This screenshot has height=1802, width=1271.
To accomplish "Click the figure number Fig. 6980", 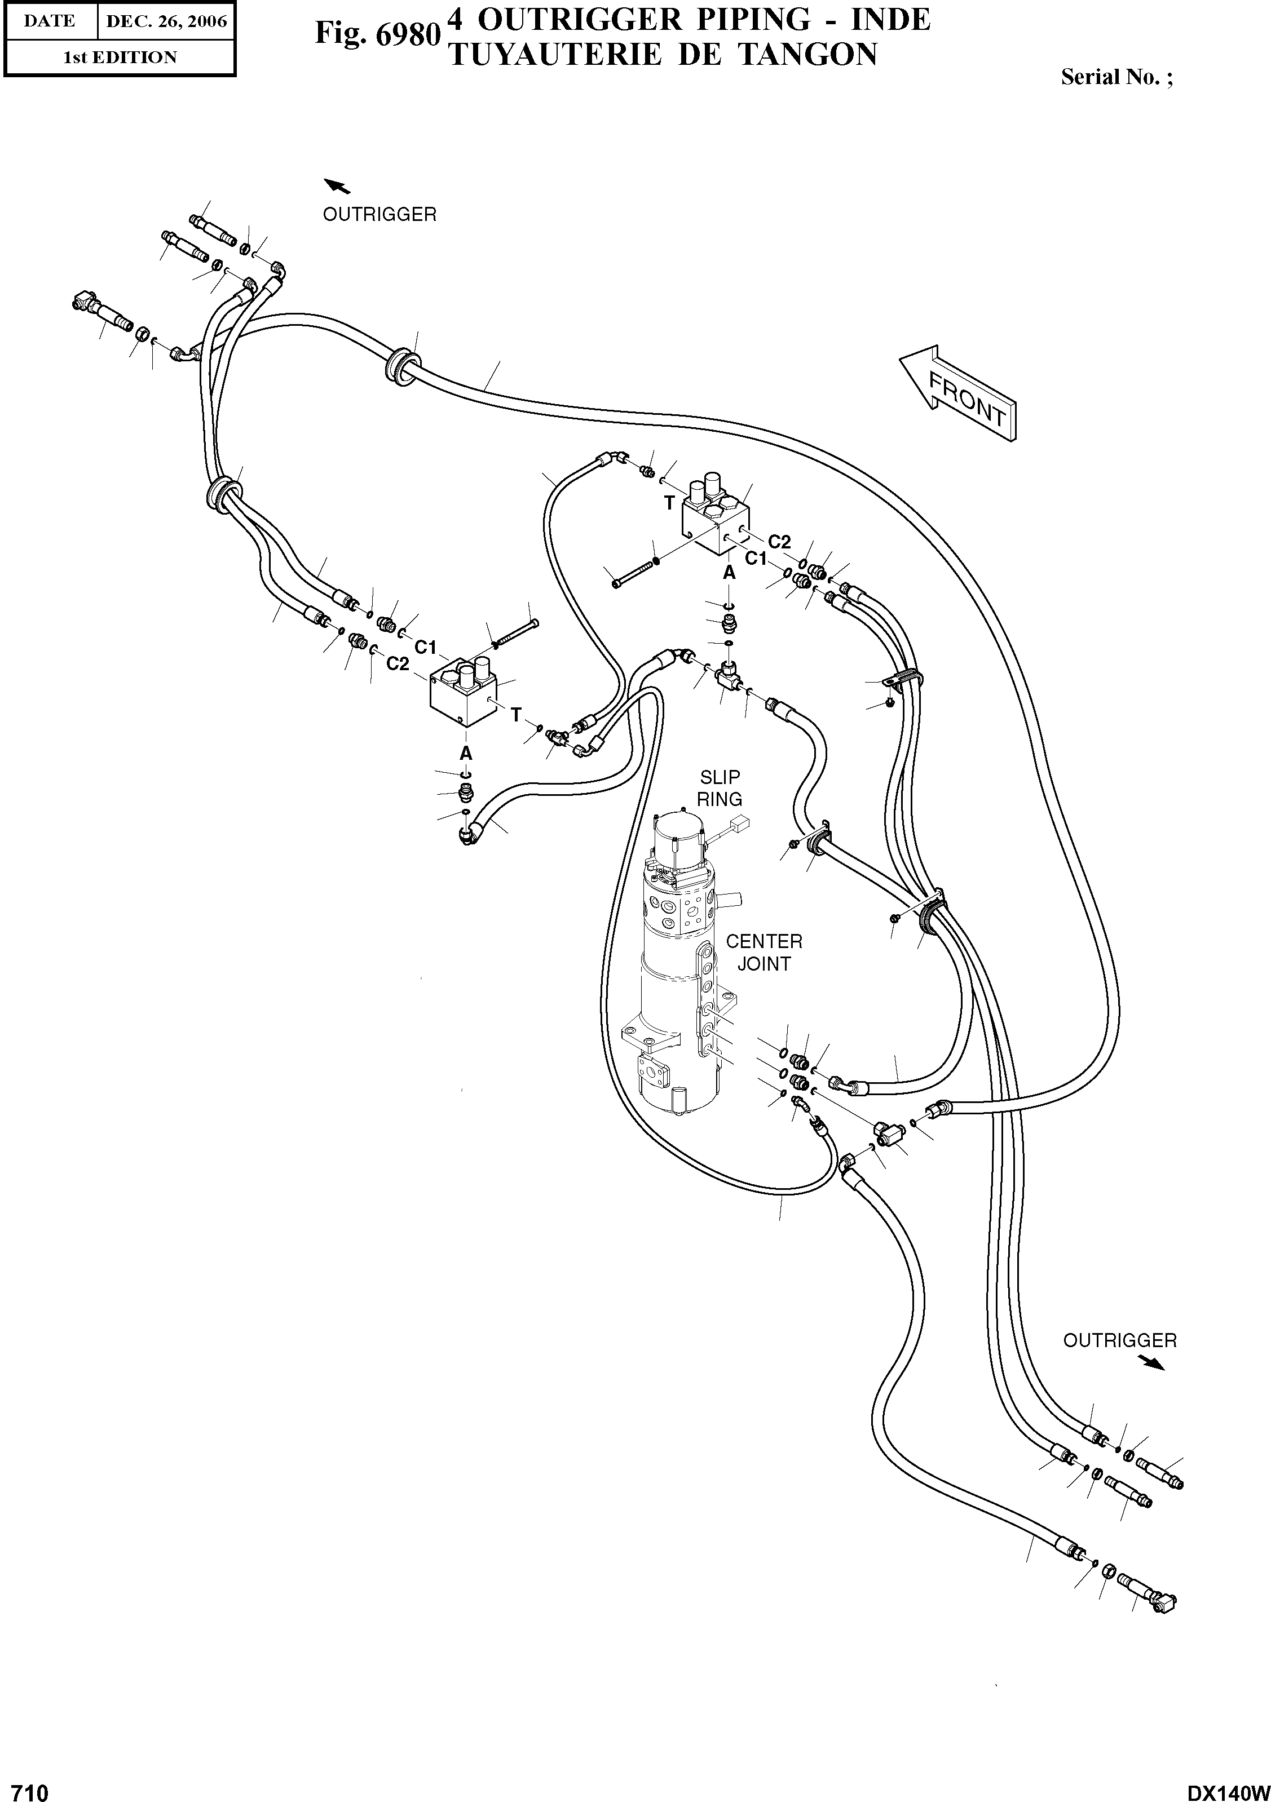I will coord(375,34).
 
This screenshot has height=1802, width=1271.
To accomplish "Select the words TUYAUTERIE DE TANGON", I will coord(662,55).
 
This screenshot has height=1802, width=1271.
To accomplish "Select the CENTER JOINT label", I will coord(763,952).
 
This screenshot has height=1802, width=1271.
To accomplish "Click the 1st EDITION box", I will coord(120,57).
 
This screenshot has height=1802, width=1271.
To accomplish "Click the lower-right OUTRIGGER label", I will coord(1119,1340).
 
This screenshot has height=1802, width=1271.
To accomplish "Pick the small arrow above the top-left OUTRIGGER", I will coord(338,185).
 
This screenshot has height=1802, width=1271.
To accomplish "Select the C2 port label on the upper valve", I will coord(779,542).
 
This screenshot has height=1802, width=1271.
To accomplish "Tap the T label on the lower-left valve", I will coord(516,714).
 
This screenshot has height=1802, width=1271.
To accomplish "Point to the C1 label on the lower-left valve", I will coord(425,647).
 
